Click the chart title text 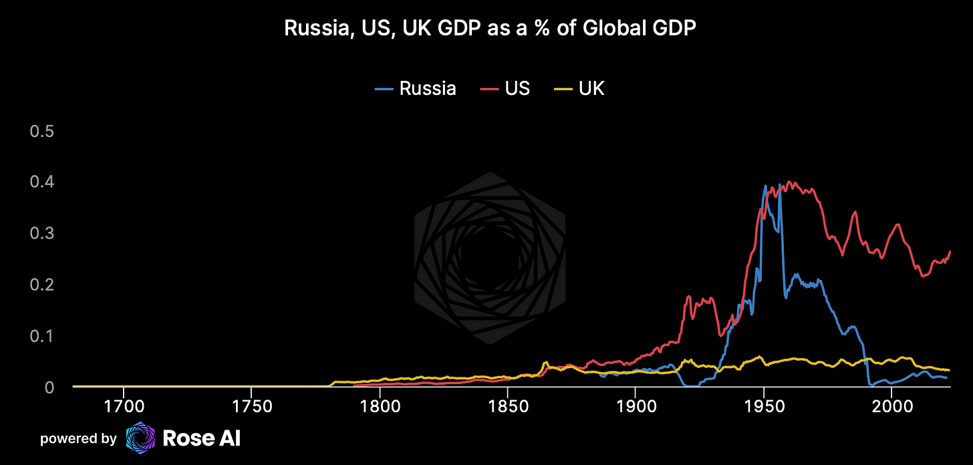(x=486, y=29)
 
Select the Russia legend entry (x=415, y=88)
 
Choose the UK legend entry (x=579, y=88)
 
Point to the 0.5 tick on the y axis (x=41, y=130)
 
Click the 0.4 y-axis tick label (x=41, y=182)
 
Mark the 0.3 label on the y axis (x=41, y=233)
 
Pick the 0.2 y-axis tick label (x=41, y=285)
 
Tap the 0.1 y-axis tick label (x=41, y=335)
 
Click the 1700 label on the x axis (x=123, y=406)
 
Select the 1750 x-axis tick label (x=251, y=406)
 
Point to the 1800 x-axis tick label (x=380, y=406)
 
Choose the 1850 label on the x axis (x=508, y=406)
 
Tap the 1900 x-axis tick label (x=636, y=406)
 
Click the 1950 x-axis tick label (x=764, y=406)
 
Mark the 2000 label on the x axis (x=891, y=406)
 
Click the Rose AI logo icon (x=140, y=438)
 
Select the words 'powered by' (x=78, y=439)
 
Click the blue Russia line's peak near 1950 (x=765, y=186)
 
